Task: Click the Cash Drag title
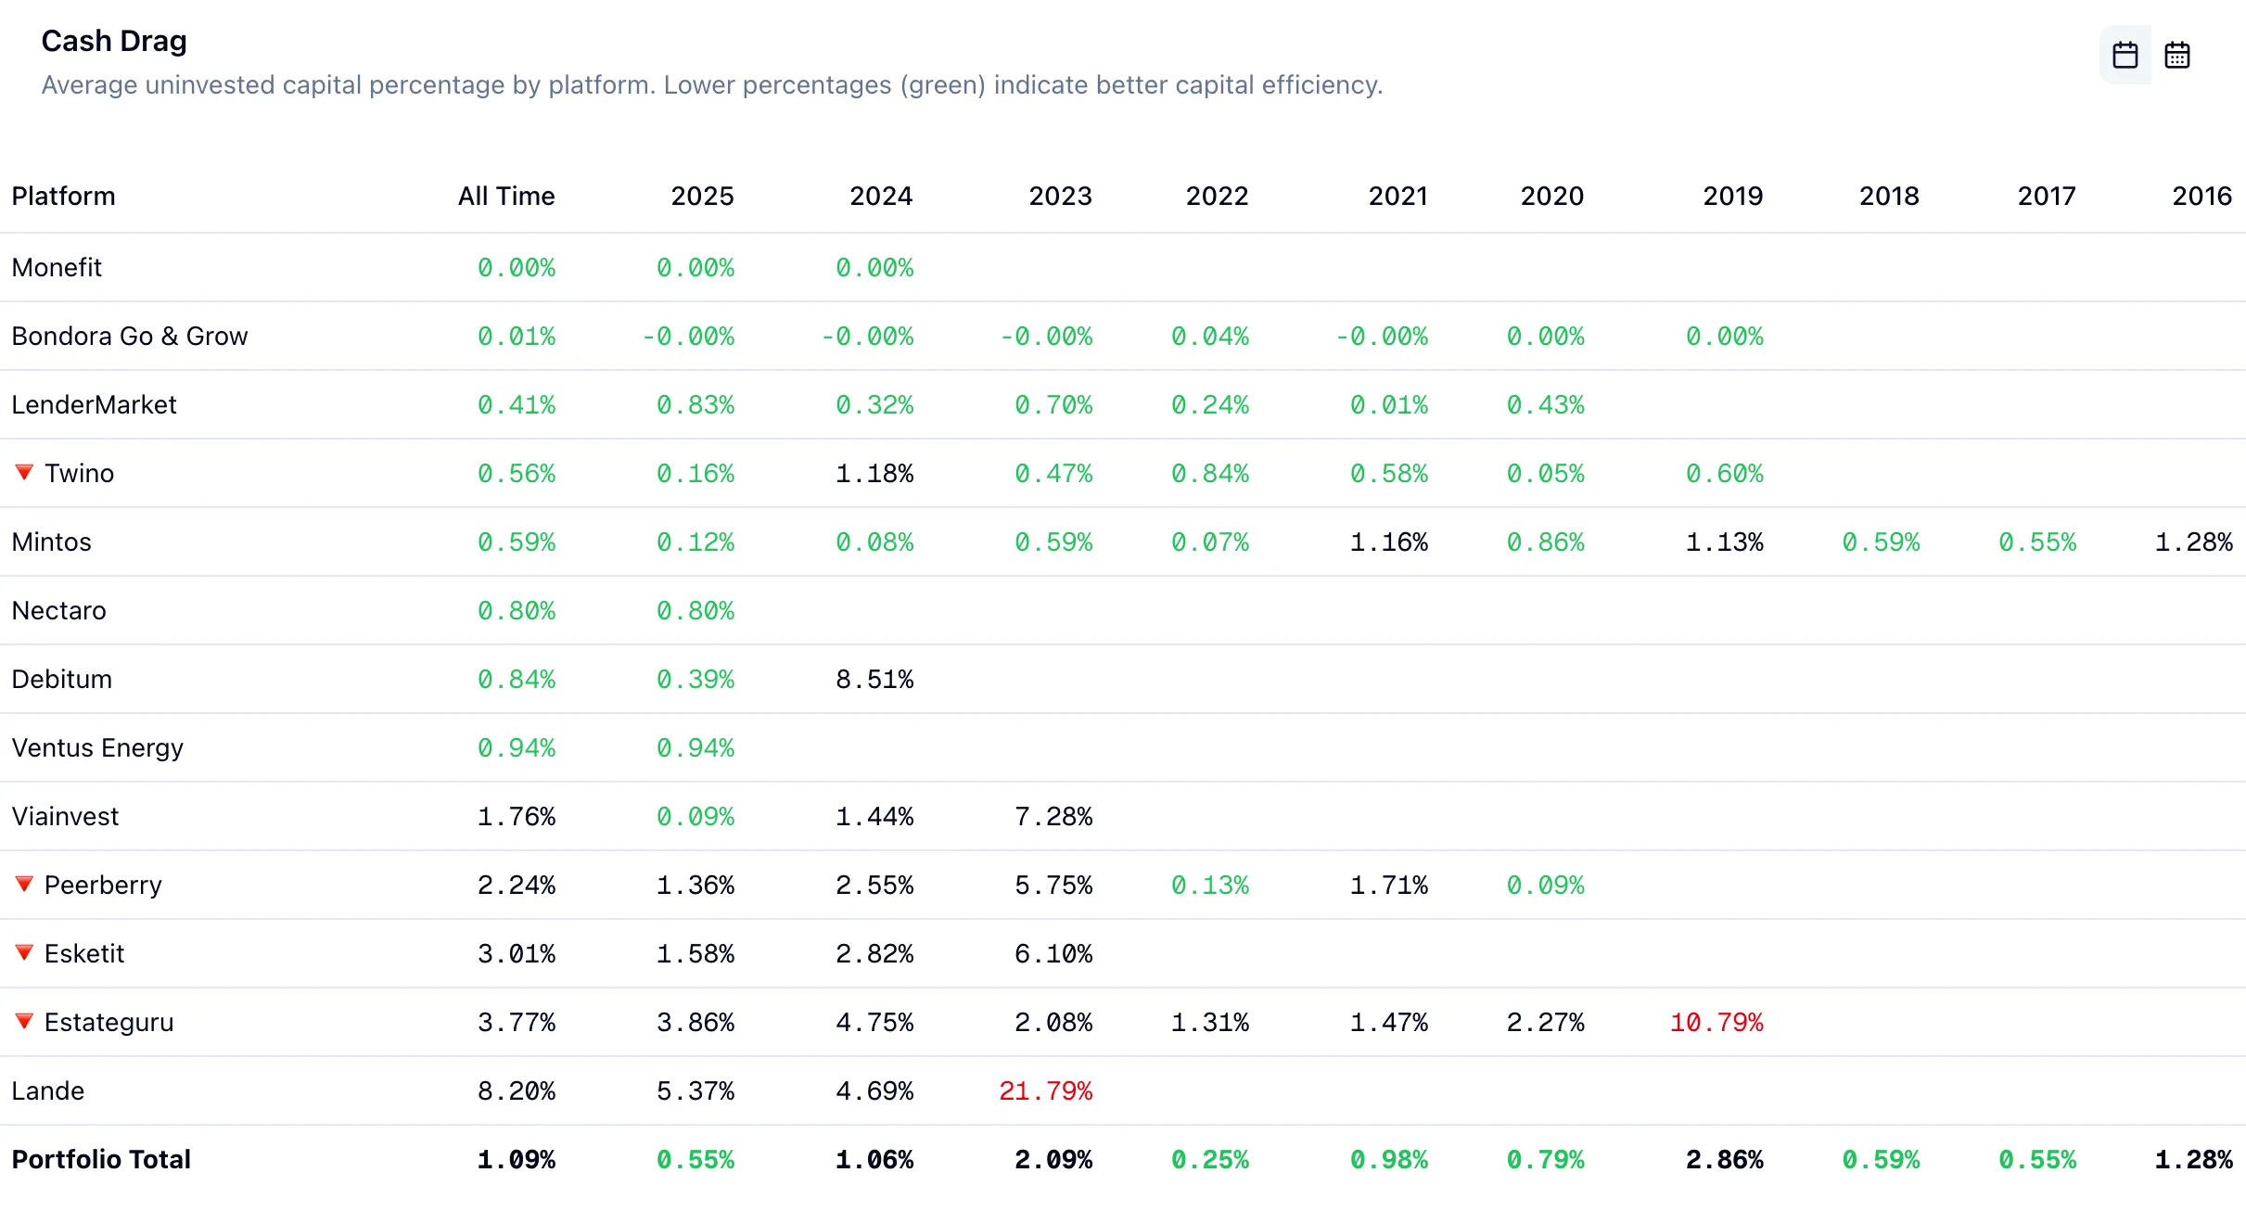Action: coord(114,41)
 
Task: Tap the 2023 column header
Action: coord(1060,196)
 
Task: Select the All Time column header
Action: coord(506,196)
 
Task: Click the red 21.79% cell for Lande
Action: coord(1045,1090)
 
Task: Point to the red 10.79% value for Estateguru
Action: coord(1716,1022)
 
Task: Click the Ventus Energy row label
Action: coord(97,747)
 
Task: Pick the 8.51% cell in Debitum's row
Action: coord(874,679)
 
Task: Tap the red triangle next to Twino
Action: coord(25,472)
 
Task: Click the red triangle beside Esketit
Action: coord(25,952)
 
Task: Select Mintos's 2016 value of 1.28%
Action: coord(2193,542)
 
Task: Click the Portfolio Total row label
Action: coord(101,1159)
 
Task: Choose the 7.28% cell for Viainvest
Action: coord(1053,816)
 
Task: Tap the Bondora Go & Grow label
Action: coord(130,336)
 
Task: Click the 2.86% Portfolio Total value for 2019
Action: coord(1724,1159)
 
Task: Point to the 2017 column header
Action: coord(2047,196)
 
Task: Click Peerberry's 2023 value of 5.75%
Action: coord(1053,885)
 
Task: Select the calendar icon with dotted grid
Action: coord(2177,56)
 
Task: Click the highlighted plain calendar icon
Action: coord(2125,56)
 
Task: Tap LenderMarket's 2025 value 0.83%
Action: coord(695,404)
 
